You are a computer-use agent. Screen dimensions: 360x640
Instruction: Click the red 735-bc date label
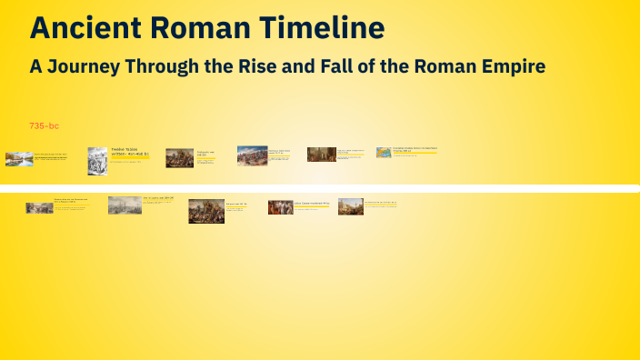pos(44,125)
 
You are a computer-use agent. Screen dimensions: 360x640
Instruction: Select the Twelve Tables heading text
pos(124,148)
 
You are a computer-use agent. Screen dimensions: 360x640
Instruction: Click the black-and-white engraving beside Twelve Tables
pos(97,160)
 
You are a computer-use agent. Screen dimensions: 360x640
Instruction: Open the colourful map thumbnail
pos(384,153)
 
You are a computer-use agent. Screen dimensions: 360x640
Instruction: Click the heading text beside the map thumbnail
pos(415,149)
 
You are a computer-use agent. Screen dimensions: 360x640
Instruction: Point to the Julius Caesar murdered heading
pos(313,203)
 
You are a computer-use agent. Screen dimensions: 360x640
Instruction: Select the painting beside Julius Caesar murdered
pos(280,207)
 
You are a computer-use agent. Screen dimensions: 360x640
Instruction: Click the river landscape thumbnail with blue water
pos(19,159)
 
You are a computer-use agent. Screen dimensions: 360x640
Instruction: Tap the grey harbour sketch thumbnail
pos(125,205)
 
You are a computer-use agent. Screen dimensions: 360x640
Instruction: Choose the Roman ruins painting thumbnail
pos(351,207)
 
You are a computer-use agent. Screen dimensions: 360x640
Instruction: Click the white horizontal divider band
pos(320,188)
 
